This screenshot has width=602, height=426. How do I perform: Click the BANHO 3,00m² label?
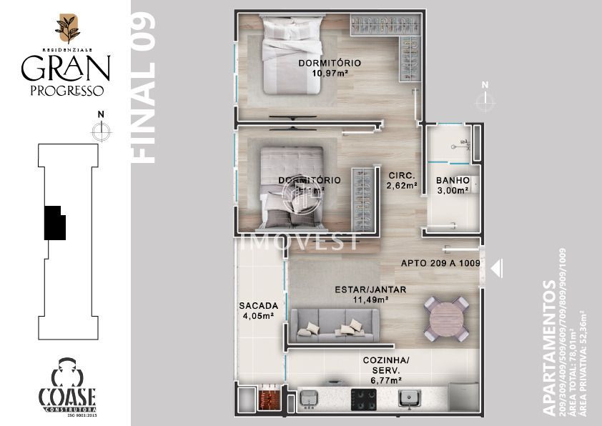(x=453, y=186)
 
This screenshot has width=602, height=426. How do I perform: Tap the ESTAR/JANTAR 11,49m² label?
(x=370, y=294)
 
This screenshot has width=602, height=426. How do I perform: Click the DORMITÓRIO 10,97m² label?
(x=330, y=68)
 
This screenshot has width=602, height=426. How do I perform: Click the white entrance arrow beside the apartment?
(x=498, y=268)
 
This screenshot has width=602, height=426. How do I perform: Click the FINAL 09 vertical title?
(x=144, y=87)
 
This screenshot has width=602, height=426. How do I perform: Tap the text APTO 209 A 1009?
(x=439, y=263)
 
